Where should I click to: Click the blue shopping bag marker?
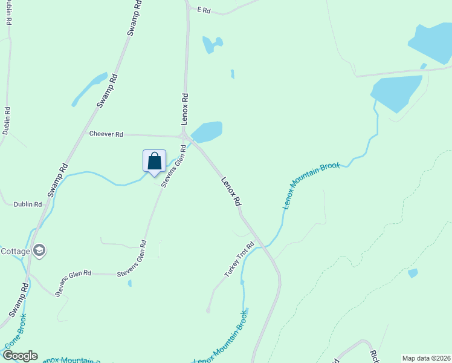pyautogui.click(x=154, y=162)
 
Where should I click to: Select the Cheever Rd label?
pyautogui.click(x=106, y=134)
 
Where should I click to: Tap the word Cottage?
pyautogui.click(x=15, y=251)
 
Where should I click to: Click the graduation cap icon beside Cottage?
pyautogui.click(x=39, y=250)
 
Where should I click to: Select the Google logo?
pyautogui.click(x=19, y=356)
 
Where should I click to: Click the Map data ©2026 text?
pyautogui.click(x=426, y=358)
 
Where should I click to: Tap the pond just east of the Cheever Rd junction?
pyautogui.click(x=207, y=131)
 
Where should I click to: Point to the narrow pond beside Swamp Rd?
pyautogui.click(x=89, y=88)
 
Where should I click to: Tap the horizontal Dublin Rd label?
pyautogui.click(x=28, y=204)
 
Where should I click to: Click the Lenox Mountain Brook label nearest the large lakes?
pyautogui.click(x=311, y=185)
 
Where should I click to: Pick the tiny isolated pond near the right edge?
pyautogui.click(x=413, y=273)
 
